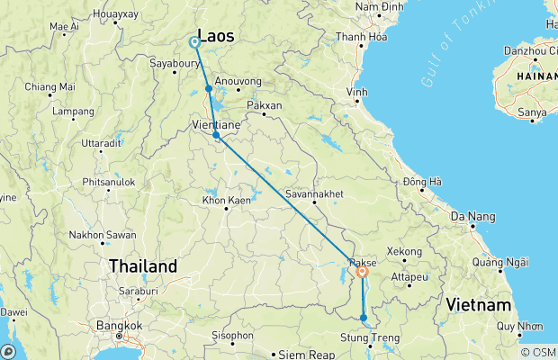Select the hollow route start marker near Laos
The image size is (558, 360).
coord(194,41)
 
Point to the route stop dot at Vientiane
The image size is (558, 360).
coord(216,136)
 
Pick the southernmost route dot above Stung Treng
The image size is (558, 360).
coord(364,318)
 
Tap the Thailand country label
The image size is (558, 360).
coord(143,266)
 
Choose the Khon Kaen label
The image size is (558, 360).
coord(226,200)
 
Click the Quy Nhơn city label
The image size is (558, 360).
coord(519,326)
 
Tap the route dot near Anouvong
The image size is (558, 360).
coord(209,89)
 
